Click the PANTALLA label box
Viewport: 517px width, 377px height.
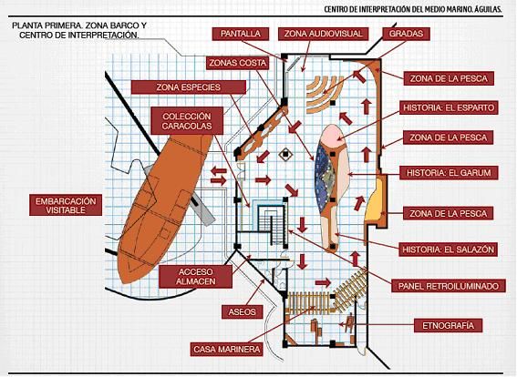tap(241, 34)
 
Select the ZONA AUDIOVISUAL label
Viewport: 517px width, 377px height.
tap(323, 34)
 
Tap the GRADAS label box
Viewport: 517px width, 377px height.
tap(406, 34)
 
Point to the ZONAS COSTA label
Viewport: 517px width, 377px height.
tap(237, 63)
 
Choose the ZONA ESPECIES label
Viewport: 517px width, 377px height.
tap(188, 87)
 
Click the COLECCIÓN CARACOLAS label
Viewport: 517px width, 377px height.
tap(187, 121)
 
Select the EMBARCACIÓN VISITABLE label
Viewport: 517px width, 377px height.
tap(66, 206)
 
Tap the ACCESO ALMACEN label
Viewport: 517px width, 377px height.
tap(195, 277)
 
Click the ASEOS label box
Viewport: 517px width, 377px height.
tap(242, 312)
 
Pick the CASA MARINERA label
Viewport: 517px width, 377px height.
tap(226, 349)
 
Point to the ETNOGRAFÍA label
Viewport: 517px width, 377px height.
tap(448, 326)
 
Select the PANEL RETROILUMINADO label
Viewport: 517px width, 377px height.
tap(449, 286)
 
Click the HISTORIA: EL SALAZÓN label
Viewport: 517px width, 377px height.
tap(449, 250)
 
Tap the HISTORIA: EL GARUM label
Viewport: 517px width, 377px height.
tap(449, 173)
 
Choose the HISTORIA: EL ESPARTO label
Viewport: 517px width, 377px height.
tap(449, 107)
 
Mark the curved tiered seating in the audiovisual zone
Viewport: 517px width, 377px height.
tap(325, 93)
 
